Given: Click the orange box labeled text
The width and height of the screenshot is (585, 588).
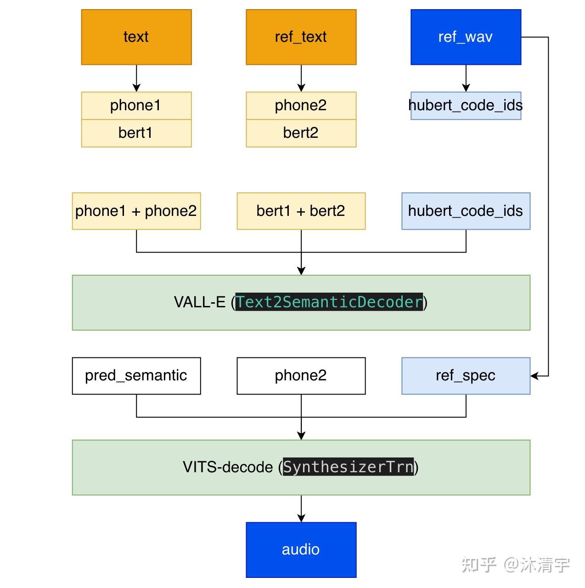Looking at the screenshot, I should [136, 37].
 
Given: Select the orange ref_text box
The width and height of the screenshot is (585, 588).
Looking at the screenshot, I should [301, 37].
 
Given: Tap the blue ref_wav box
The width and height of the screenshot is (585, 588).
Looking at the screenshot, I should [466, 37].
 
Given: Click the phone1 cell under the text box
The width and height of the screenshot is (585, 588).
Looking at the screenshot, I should [136, 106].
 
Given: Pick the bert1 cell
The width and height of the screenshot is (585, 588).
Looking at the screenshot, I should [136, 133].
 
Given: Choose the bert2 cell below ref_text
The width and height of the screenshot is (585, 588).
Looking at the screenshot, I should [301, 133].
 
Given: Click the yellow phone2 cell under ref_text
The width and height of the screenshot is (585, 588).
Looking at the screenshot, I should [301, 106].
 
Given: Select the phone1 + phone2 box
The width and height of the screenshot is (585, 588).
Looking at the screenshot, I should [136, 211].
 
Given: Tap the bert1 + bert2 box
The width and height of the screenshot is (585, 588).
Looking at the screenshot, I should [301, 211].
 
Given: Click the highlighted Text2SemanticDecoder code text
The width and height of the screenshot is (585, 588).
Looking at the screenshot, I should [329, 302].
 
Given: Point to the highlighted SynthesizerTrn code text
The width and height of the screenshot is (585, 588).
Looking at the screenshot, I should [348, 467].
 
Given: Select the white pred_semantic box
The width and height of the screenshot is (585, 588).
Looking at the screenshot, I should [136, 376].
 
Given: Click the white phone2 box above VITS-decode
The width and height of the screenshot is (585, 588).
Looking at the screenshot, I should [301, 376].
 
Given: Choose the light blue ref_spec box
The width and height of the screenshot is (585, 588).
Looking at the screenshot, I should [466, 376].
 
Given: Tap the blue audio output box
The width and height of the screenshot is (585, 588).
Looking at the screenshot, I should [301, 549].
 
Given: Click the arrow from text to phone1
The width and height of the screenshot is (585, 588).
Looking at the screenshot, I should [136, 78].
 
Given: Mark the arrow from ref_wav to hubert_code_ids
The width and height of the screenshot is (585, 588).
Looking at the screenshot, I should [466, 78].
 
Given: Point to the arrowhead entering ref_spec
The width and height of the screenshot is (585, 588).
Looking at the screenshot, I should [534, 376].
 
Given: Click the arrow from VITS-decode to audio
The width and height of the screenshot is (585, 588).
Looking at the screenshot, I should [301, 509].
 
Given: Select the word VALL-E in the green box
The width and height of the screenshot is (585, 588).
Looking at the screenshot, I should [199, 302].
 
